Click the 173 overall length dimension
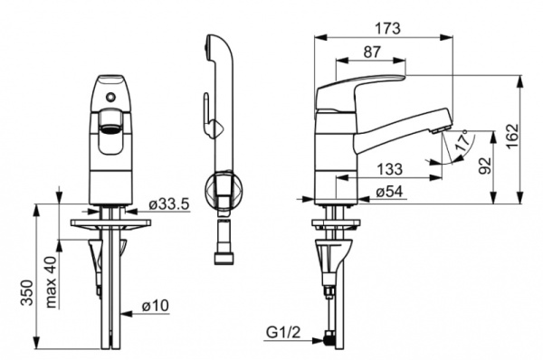[x=388, y=28]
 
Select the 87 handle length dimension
[x=372, y=52]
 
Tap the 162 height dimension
[x=512, y=136]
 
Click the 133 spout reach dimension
[x=389, y=169]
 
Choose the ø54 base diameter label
[x=389, y=192]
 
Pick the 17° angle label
[x=463, y=139]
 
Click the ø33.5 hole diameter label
[x=169, y=204]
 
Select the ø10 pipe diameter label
[x=156, y=306]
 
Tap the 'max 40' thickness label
[x=52, y=282]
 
